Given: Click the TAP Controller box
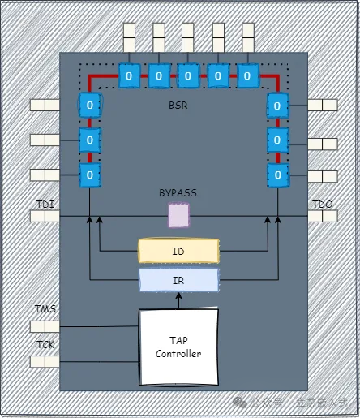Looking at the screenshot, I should pyautogui.click(x=178, y=347).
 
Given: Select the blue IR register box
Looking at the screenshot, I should pyautogui.click(x=178, y=280).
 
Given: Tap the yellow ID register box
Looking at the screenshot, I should pyautogui.click(x=178, y=252).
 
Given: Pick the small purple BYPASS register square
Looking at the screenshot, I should pyautogui.click(x=178, y=215).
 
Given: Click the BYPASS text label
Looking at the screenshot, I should pyautogui.click(x=178, y=193).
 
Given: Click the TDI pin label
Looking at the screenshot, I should pyautogui.click(x=45, y=205).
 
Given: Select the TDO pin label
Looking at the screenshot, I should pyautogui.click(x=322, y=205).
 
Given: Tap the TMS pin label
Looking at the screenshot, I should pyautogui.click(x=45, y=310).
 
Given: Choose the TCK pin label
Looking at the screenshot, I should pyautogui.click(x=45, y=344).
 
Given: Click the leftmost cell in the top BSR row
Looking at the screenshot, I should pyautogui.click(x=129, y=75).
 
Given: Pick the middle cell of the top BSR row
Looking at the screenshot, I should pyautogui.click(x=188, y=75).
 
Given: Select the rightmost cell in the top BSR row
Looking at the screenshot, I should pyautogui.click(x=247, y=75).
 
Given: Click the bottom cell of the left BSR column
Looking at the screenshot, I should pyautogui.click(x=88, y=174).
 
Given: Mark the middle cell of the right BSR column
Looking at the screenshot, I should pyautogui.click(x=277, y=139).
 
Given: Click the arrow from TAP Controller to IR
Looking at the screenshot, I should pyautogui.click(x=178, y=300).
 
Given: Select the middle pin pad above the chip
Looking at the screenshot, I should pyautogui.click(x=188, y=37).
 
